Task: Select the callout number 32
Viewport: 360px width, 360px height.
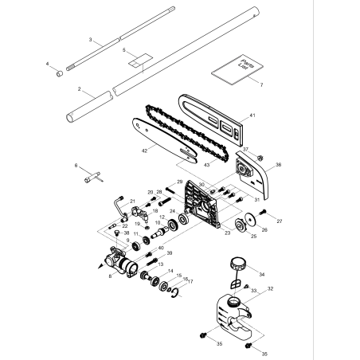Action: tap(271, 289)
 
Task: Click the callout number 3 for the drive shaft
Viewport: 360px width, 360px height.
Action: tap(91, 39)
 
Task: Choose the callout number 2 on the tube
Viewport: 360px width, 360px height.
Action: tap(80, 91)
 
